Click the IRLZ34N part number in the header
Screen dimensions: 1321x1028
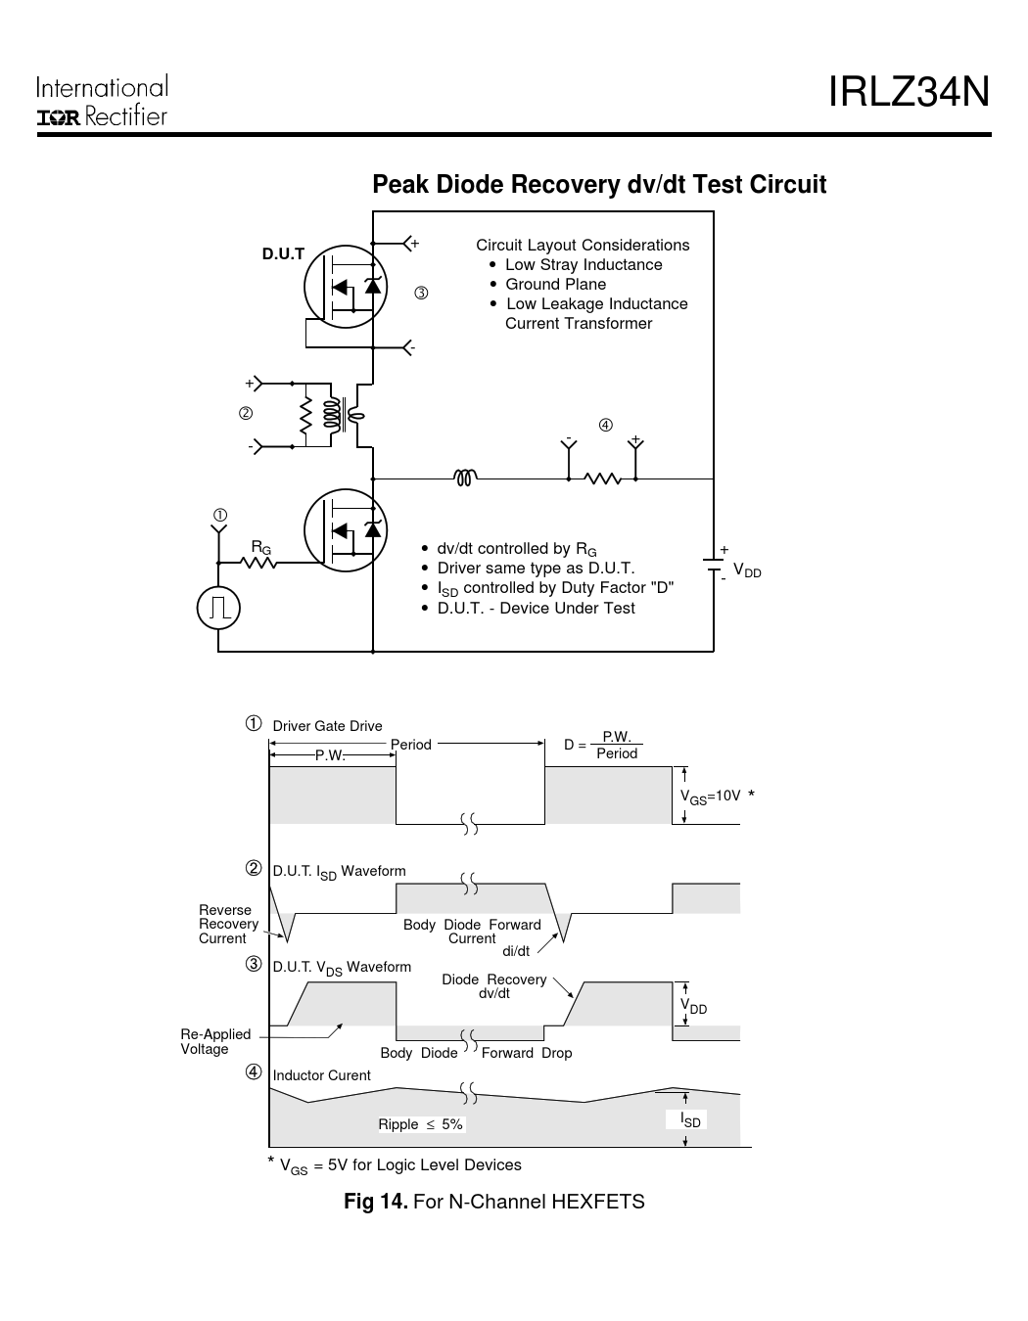click(909, 93)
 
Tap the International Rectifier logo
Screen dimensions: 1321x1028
click(102, 102)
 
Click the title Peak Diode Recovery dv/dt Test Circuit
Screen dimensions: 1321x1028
click(599, 185)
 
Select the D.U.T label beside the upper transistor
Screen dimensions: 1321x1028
click(283, 254)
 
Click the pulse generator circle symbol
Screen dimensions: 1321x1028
click(218, 609)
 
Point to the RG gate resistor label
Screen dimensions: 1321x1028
click(260, 547)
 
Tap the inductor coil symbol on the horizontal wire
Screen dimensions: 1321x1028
click(465, 478)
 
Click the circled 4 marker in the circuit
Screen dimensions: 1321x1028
click(606, 425)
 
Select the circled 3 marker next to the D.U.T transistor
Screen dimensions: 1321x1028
click(420, 293)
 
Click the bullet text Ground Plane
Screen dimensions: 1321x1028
click(555, 285)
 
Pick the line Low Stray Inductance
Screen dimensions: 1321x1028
click(584, 265)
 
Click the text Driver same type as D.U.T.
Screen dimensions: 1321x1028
click(536, 569)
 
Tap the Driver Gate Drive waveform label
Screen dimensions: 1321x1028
click(327, 726)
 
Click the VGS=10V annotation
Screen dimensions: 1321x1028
click(711, 797)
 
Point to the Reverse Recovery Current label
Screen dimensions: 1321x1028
click(228, 924)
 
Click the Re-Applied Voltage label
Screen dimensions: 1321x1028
click(215, 1041)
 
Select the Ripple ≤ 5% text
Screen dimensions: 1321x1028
click(420, 1124)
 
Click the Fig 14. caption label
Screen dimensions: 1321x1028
click(376, 1202)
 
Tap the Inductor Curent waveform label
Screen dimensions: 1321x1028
click(321, 1075)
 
